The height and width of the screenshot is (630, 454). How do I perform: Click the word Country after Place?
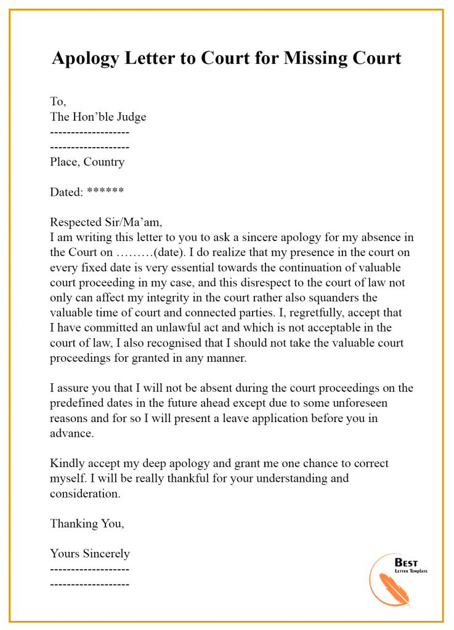point(103,162)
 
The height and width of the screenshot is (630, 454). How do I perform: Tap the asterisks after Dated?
point(105,191)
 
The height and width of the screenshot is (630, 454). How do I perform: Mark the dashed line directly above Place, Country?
point(89,147)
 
